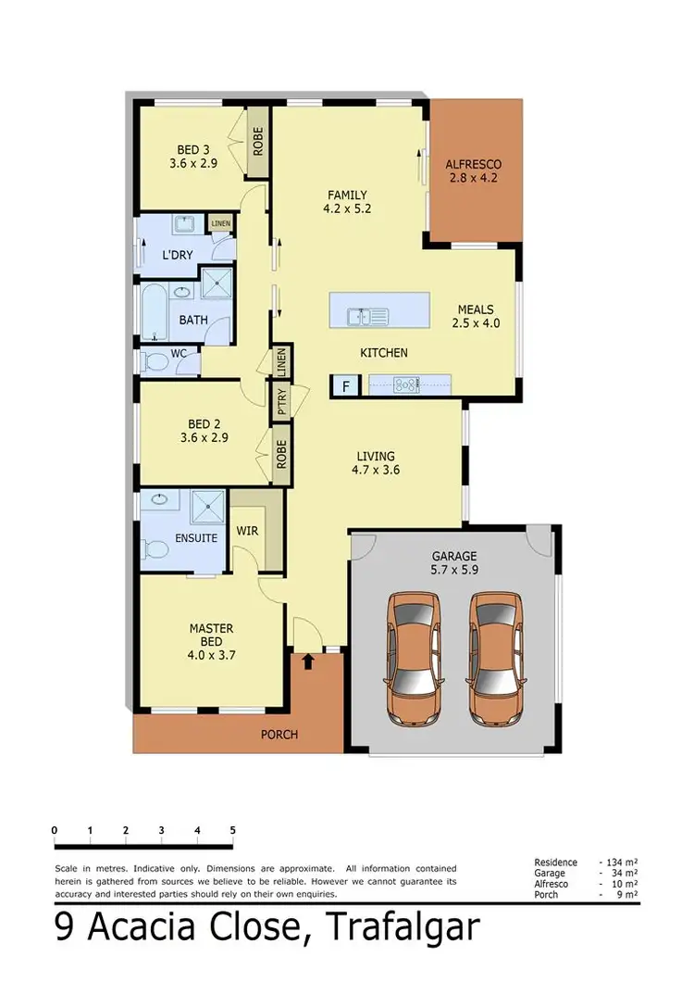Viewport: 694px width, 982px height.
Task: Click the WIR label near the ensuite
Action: pos(247,531)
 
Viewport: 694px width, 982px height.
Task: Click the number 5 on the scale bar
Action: pos(232,830)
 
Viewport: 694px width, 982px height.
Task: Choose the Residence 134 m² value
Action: pos(619,862)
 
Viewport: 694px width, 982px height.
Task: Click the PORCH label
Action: pos(279,735)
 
